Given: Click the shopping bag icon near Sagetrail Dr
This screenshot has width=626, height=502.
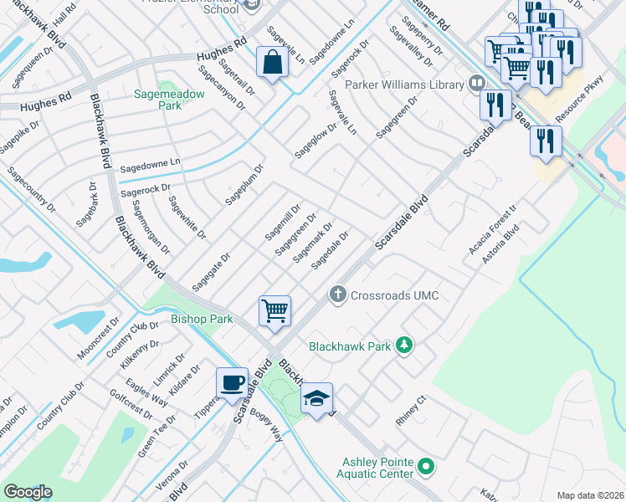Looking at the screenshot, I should pyautogui.click(x=273, y=63).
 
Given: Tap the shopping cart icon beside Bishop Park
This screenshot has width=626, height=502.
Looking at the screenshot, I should pyautogui.click(x=275, y=311).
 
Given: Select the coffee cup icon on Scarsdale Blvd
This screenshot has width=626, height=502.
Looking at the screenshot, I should pyautogui.click(x=233, y=383).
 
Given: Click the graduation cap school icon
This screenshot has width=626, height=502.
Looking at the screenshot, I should pyautogui.click(x=317, y=399).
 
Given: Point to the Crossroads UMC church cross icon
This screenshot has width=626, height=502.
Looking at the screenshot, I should pyautogui.click(x=337, y=295).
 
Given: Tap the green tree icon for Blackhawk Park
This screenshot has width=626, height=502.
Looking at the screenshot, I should pyautogui.click(x=404, y=345).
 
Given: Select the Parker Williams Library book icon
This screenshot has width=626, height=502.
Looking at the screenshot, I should pyautogui.click(x=476, y=84).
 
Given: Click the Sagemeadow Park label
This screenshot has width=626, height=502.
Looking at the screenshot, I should pyautogui.click(x=169, y=100).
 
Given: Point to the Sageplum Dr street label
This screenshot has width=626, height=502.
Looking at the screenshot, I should pyautogui.click(x=244, y=184).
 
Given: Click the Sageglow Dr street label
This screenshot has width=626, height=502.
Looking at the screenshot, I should pyautogui.click(x=315, y=140).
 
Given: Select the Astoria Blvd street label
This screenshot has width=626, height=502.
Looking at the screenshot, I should pyautogui.click(x=500, y=243).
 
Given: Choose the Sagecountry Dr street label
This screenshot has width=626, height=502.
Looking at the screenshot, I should pyautogui.click(x=29, y=189).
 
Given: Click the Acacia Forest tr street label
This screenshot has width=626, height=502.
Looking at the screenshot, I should pyautogui.click(x=494, y=229).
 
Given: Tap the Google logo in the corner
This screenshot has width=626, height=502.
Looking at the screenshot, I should pyautogui.click(x=28, y=492).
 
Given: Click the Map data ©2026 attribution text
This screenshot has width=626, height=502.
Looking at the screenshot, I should pyautogui.click(x=589, y=495).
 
